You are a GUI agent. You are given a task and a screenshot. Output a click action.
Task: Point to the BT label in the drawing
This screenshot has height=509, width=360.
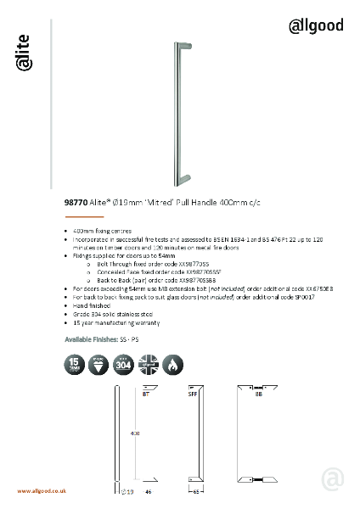tap(147, 394)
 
